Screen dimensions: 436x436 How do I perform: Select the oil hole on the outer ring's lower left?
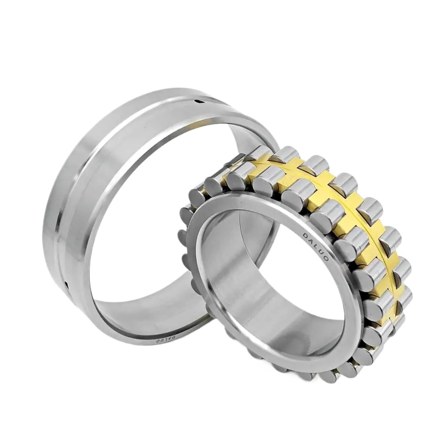(67, 283)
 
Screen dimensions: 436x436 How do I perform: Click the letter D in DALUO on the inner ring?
(305, 234)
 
